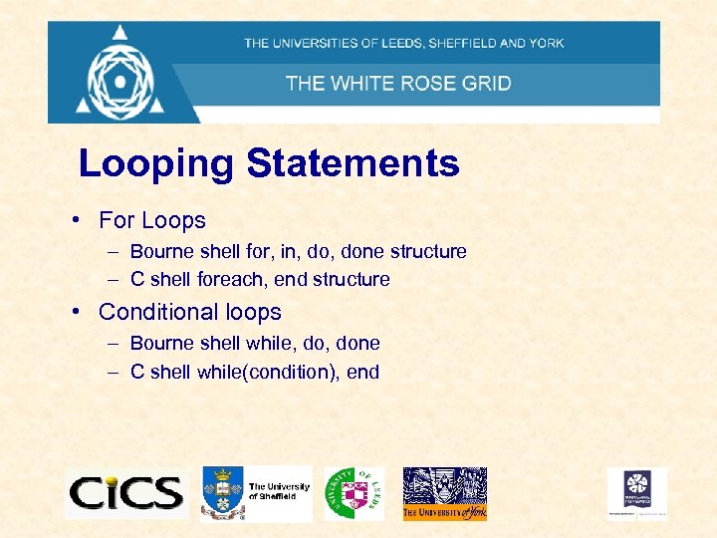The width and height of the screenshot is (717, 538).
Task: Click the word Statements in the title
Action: click(353, 163)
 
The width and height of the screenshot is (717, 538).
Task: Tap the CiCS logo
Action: click(125, 492)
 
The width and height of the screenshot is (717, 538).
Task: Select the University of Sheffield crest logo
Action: click(222, 491)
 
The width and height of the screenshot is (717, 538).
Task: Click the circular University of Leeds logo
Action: click(353, 492)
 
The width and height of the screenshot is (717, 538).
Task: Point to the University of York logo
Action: click(444, 493)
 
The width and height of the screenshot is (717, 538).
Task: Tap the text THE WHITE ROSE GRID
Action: click(398, 83)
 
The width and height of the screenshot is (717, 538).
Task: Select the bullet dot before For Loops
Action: click(76, 219)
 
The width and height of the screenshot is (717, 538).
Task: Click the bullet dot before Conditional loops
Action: click(76, 311)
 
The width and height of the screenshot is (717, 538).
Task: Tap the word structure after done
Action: click(428, 252)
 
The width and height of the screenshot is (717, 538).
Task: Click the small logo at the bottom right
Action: click(637, 492)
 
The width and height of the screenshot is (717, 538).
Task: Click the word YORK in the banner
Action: click(546, 43)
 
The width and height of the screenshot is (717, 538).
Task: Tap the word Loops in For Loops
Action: click(173, 220)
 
